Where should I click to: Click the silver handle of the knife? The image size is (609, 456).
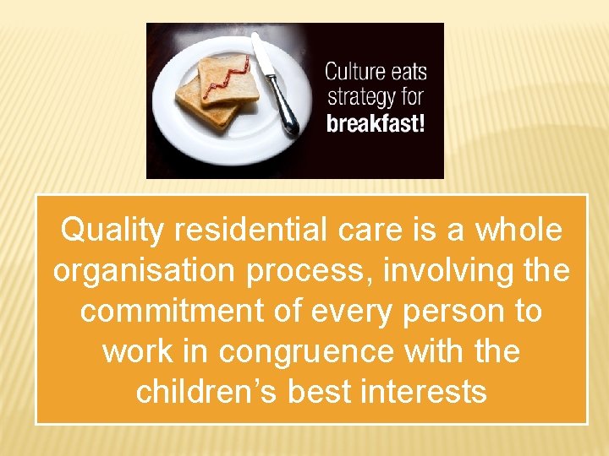tap(284, 110)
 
